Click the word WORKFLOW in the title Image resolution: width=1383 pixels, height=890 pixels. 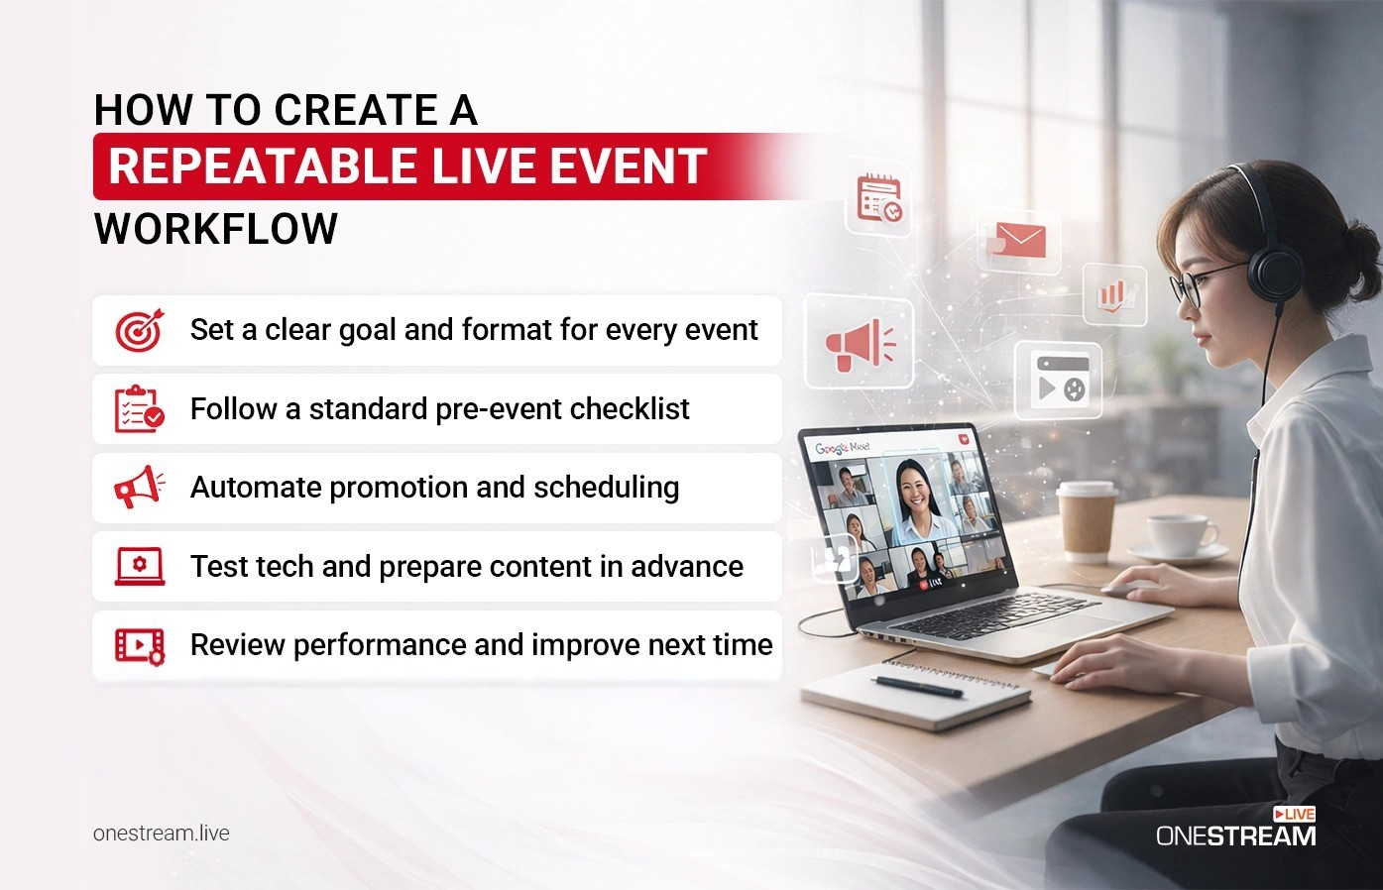click(216, 229)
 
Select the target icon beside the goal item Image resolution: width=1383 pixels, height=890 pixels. click(140, 330)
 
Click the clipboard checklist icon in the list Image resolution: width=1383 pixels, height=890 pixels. click(140, 408)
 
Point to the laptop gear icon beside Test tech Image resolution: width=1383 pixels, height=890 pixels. click(140, 566)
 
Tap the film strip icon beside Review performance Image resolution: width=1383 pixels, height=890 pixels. click(140, 645)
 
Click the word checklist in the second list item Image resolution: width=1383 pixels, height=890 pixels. click(630, 408)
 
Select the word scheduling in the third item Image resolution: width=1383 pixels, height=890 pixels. click(607, 489)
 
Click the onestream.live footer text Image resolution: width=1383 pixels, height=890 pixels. click(162, 834)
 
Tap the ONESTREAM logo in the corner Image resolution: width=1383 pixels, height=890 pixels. click(1236, 827)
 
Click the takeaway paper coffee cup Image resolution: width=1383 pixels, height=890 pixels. click(1086, 522)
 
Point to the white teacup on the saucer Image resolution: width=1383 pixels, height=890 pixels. click(1181, 536)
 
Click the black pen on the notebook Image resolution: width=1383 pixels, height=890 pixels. click(917, 686)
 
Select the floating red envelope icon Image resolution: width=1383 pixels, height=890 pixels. click(1020, 240)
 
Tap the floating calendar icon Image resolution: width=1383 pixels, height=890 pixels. click(879, 197)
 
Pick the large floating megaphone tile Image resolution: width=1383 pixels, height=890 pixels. click(860, 341)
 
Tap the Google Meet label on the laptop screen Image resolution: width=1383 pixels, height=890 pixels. click(842, 447)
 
